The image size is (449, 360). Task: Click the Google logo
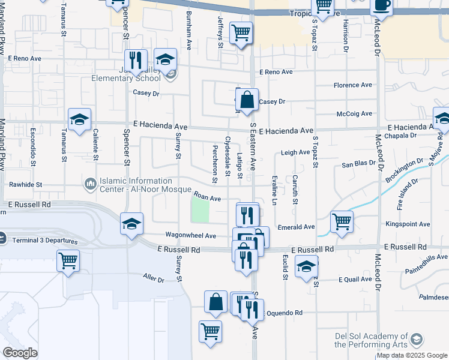[x=20, y=353]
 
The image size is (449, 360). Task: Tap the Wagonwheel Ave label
[x=190, y=236]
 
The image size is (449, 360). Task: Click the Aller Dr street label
[x=153, y=277]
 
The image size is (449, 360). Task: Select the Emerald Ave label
[x=297, y=227]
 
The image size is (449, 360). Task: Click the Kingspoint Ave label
[x=408, y=224]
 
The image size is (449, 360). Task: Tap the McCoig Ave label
[x=354, y=113]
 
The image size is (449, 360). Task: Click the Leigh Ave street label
[x=295, y=152]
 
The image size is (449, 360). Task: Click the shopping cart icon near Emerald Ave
[x=342, y=221]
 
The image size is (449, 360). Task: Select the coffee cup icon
[x=381, y=5]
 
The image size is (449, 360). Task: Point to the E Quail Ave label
[x=357, y=280]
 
